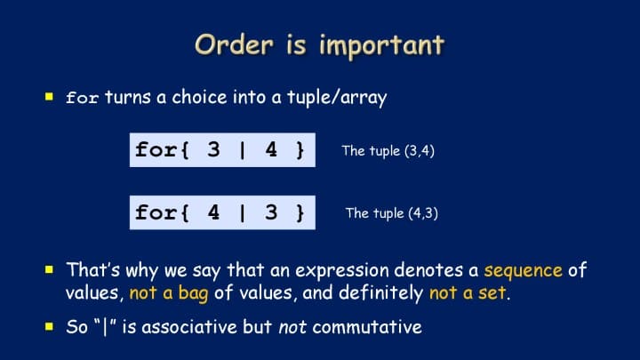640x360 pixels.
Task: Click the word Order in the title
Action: [x=234, y=44]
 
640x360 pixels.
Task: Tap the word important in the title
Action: [x=381, y=45]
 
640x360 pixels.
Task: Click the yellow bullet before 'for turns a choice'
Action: [x=50, y=97]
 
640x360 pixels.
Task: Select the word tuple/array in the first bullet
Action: [x=337, y=98]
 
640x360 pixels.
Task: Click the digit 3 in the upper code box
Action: [x=213, y=149]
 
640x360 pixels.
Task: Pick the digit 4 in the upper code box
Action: [x=271, y=149]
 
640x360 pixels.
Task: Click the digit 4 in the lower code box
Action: [x=213, y=212]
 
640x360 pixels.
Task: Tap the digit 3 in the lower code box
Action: [x=271, y=212]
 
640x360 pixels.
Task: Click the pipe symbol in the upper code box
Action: [x=243, y=150]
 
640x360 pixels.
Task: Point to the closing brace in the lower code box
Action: [x=300, y=213]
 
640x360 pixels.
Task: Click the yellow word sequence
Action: [x=524, y=271]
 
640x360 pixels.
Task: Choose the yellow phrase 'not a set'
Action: [x=468, y=293]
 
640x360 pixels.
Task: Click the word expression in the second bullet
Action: [x=342, y=271]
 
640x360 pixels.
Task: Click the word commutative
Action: [x=367, y=327]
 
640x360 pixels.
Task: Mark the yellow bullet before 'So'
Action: [x=50, y=326]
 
